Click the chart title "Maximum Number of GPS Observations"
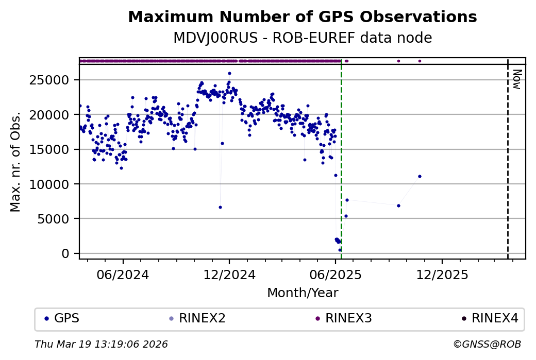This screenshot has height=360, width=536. click(302, 17)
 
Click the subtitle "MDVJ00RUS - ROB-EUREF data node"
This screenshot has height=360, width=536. click(302, 38)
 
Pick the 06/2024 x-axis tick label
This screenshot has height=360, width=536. click(123, 275)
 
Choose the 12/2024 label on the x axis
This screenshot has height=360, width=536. click(229, 275)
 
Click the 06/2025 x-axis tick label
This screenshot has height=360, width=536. click(336, 275)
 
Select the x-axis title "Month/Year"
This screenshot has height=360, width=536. click(303, 293)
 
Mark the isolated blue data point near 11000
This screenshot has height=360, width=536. click(420, 176)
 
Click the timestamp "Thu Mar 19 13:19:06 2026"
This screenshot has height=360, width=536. click(101, 344)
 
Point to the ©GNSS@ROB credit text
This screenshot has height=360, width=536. click(487, 344)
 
